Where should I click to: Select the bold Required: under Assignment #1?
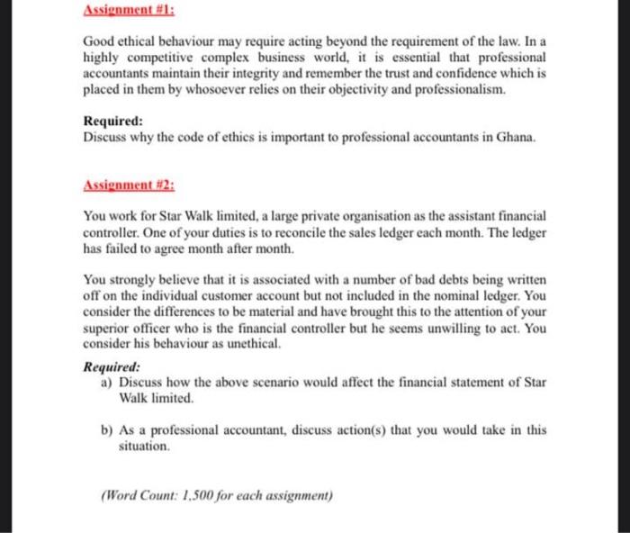click(112, 122)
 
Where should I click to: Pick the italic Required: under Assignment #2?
click(112, 366)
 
